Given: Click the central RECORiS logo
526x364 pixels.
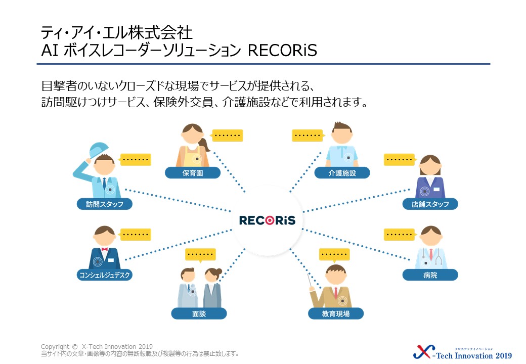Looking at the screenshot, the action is click(x=267, y=220).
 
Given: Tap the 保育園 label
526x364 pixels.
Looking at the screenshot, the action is click(x=193, y=173).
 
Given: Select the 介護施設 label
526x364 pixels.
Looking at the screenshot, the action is click(x=342, y=173).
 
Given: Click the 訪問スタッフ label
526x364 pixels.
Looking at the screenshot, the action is click(x=105, y=204).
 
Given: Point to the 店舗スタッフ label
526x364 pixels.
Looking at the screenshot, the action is click(x=430, y=204).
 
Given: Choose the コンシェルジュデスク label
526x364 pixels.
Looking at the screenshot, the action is click(x=105, y=275).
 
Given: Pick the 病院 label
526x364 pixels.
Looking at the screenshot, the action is click(x=430, y=275).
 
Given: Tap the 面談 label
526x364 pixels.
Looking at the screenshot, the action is click(x=199, y=314).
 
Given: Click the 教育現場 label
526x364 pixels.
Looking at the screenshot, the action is click(x=336, y=314).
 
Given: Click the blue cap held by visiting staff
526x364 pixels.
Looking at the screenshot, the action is click(x=99, y=149).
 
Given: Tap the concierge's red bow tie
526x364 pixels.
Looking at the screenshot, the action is click(x=104, y=249).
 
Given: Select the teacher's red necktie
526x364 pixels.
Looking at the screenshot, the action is click(x=336, y=293).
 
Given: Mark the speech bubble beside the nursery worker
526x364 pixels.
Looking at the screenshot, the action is click(x=227, y=135).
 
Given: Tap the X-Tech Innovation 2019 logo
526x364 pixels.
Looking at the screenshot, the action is click(x=462, y=352).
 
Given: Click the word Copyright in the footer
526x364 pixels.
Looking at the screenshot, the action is click(x=55, y=347).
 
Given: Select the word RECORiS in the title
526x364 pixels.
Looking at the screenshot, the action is click(x=282, y=50).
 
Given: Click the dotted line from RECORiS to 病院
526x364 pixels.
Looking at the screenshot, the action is click(x=356, y=244).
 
